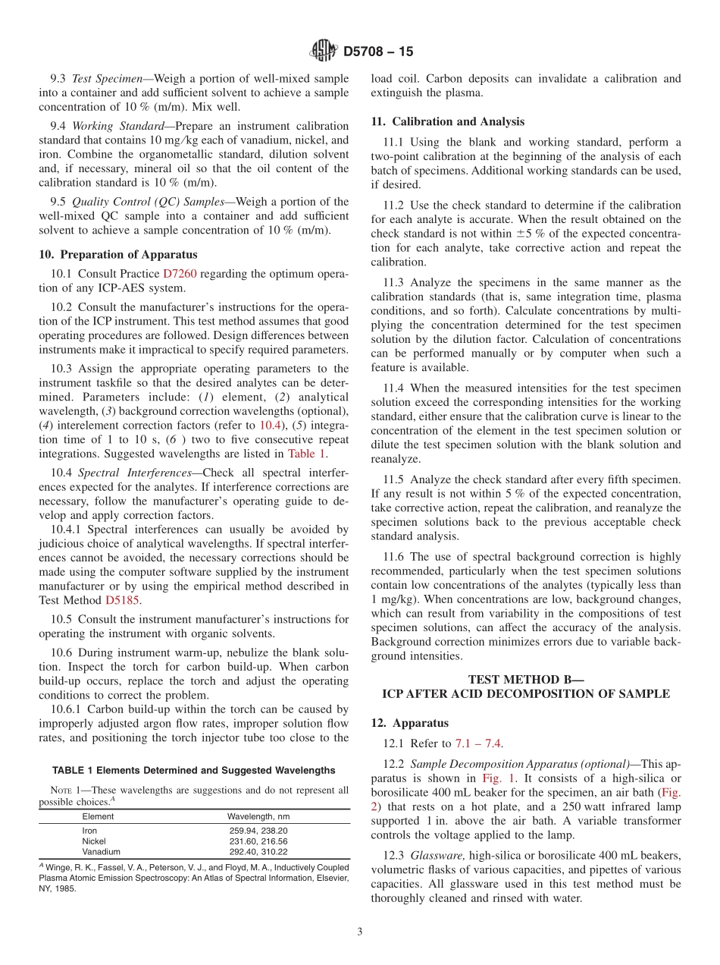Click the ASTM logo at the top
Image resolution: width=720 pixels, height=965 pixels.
[323, 52]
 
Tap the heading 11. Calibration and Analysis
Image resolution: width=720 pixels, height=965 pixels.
[447, 121]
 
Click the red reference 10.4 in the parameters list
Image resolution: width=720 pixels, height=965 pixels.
[270, 426]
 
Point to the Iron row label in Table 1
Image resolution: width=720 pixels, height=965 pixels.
[89, 831]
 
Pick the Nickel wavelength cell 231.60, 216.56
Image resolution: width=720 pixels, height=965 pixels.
[258, 841]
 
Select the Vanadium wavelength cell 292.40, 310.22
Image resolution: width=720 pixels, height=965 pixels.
[258, 852]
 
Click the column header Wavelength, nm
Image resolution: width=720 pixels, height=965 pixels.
[258, 816]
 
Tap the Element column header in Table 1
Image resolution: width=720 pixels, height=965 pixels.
[98, 816]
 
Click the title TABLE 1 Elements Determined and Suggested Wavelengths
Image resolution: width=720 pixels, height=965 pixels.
[193, 770]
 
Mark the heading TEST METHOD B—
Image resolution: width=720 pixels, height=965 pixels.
[526, 680]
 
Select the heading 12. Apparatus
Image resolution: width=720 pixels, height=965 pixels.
[409, 723]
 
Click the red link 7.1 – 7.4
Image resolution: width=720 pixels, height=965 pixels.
[478, 744]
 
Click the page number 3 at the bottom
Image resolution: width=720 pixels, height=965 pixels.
[360, 932]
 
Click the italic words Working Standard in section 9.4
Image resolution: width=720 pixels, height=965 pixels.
[117, 126]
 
